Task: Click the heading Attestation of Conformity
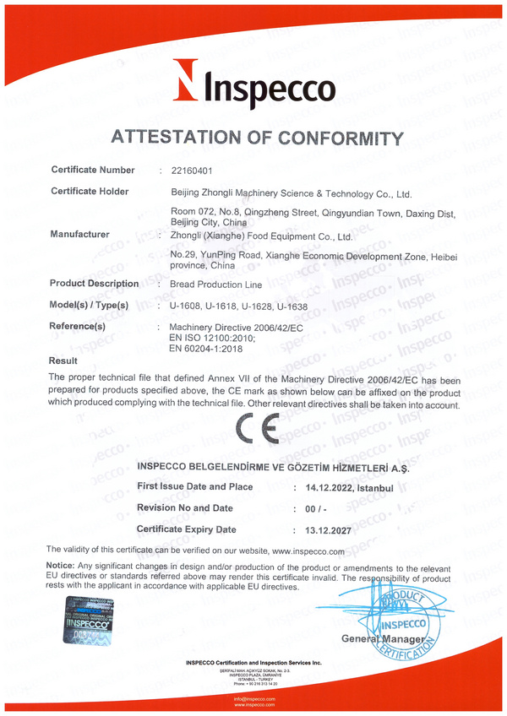[x=253, y=137]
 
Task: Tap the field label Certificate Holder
[x=90, y=192]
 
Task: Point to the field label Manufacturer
[x=80, y=234]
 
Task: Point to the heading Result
[x=64, y=361]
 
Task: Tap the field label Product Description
[x=95, y=284]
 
